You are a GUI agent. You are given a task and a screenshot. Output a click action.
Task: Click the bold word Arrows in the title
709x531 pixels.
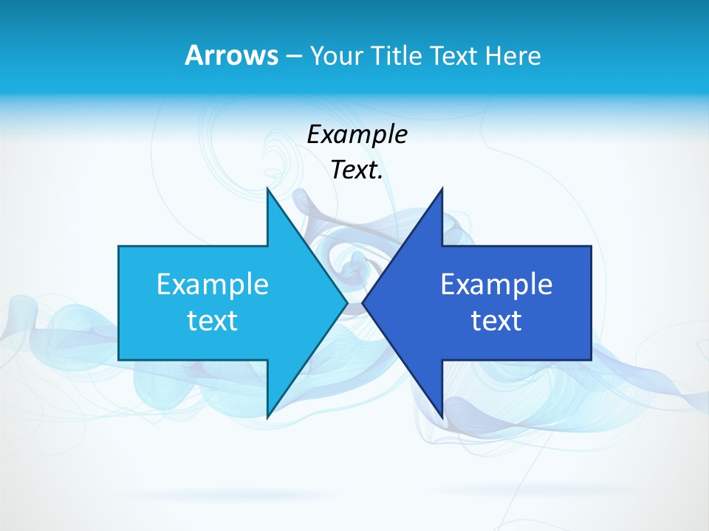click(x=231, y=55)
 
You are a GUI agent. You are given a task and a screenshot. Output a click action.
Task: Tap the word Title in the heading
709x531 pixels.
click(x=397, y=55)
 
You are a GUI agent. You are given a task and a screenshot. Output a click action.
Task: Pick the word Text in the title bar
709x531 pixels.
click(x=454, y=55)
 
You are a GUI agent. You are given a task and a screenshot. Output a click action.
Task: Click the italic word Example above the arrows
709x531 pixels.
click(x=357, y=135)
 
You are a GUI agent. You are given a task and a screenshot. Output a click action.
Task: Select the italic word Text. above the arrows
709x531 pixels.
click(x=357, y=170)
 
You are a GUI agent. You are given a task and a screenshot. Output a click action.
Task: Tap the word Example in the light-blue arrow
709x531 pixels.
click(x=213, y=285)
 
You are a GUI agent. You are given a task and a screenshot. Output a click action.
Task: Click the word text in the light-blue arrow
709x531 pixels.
click(x=213, y=321)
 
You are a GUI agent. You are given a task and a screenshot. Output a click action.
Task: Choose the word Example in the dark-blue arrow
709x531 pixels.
click(x=496, y=285)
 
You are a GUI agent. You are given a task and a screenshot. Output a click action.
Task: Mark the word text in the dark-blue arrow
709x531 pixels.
click(x=496, y=321)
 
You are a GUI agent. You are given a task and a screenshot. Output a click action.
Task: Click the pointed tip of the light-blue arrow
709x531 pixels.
click(x=346, y=302)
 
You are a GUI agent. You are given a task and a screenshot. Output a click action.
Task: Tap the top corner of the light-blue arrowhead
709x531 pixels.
click(x=268, y=190)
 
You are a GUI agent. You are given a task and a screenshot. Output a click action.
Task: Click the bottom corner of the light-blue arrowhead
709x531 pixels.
click(x=268, y=417)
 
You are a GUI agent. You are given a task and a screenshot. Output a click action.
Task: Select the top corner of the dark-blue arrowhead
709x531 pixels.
click(x=442, y=190)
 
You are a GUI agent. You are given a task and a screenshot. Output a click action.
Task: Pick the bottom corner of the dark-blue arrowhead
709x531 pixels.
click(x=442, y=417)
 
